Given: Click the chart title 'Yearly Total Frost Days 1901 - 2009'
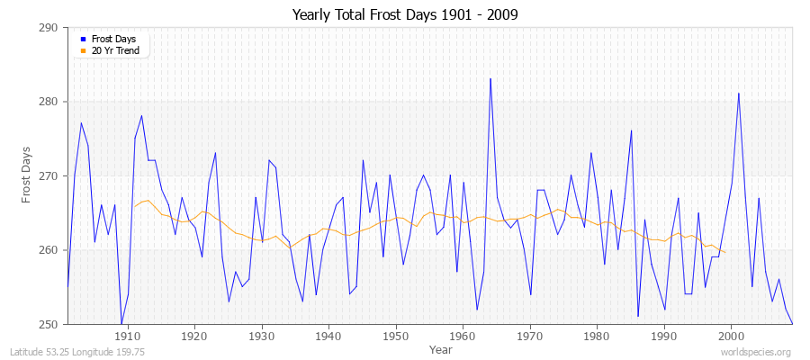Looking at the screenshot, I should click(x=405, y=14).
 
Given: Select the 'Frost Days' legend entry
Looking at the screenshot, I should click(x=112, y=40).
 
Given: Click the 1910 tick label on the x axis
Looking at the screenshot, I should click(x=128, y=336).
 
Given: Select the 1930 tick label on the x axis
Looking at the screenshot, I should click(x=262, y=336).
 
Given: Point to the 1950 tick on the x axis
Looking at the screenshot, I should click(x=396, y=336).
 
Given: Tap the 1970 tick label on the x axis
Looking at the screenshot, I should click(x=530, y=336).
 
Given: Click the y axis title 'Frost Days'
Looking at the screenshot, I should click(x=27, y=175).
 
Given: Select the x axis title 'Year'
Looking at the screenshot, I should click(x=441, y=348).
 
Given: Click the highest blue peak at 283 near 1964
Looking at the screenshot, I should click(x=490, y=79).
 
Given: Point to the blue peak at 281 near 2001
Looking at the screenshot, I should click(x=739, y=94).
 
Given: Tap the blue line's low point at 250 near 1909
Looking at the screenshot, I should click(x=121, y=323).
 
